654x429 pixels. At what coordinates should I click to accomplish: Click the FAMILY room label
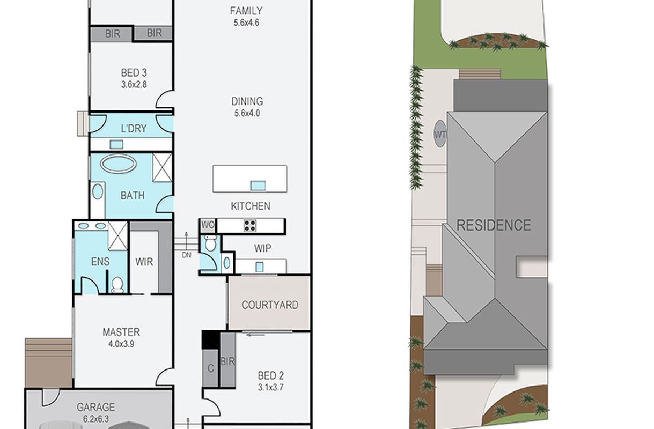point(246,11)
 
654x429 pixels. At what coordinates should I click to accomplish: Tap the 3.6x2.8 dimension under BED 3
point(134,85)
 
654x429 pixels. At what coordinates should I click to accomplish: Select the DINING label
point(247,101)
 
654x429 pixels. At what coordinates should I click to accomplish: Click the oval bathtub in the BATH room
point(118,164)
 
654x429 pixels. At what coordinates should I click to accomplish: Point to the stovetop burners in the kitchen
point(250,226)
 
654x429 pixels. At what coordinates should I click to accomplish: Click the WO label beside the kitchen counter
point(208,225)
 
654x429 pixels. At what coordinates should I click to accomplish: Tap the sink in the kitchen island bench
point(258,186)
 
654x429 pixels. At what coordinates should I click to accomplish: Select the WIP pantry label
point(262,249)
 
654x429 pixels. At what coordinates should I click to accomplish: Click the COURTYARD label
point(270,305)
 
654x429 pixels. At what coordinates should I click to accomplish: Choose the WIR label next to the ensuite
point(144,262)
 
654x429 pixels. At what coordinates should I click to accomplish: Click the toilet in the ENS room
point(117,284)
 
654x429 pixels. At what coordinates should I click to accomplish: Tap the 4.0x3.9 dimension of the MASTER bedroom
point(121,344)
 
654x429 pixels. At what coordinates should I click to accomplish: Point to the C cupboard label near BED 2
point(211,368)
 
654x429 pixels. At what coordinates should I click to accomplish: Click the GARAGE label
point(95,407)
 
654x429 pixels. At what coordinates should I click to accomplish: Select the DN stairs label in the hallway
point(187,255)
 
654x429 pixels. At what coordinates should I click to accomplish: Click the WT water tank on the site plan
point(440,134)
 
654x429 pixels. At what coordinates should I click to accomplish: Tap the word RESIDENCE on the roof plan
point(494,225)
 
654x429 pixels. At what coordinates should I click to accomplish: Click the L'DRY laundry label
point(134,129)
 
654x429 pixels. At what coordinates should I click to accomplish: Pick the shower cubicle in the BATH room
point(163,167)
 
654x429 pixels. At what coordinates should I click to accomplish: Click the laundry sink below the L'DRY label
point(116,144)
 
